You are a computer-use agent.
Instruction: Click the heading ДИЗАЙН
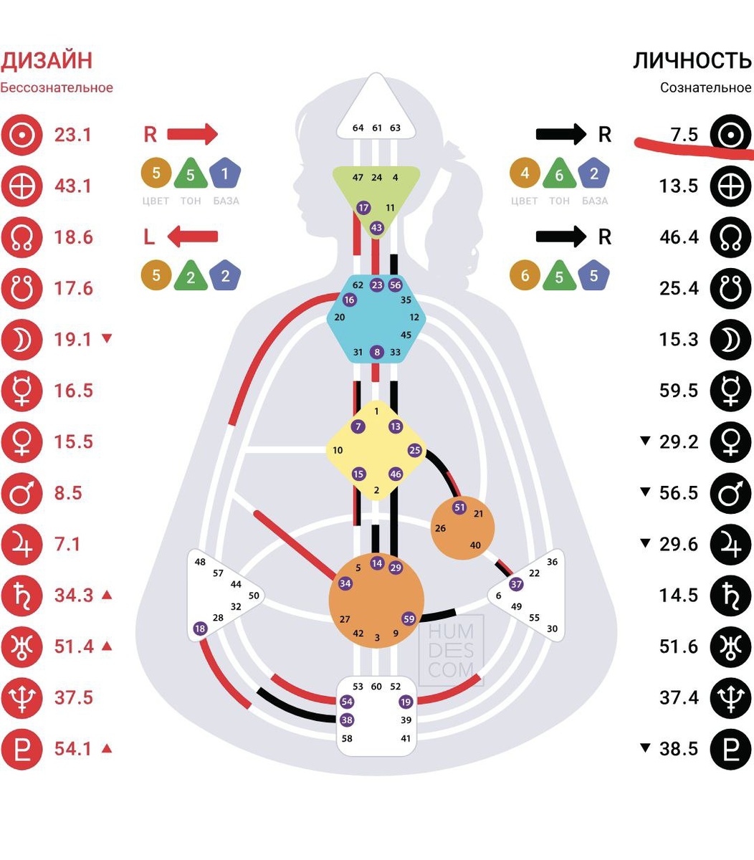(47, 60)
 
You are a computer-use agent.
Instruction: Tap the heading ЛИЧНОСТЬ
(692, 60)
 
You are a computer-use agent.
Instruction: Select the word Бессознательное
(57, 88)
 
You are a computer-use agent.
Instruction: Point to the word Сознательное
(705, 88)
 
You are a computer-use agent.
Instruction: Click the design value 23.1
(73, 135)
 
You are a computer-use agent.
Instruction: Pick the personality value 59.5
(678, 391)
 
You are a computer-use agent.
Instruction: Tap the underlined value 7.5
(684, 135)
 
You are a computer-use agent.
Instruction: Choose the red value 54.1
(73, 749)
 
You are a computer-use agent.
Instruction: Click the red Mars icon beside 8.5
(22, 493)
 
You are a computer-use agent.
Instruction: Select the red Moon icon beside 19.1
(22, 340)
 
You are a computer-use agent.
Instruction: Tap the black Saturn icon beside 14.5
(730, 596)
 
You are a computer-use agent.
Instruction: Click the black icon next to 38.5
(730, 749)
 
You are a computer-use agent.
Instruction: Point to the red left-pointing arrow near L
(192, 236)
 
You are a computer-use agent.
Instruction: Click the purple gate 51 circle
(460, 507)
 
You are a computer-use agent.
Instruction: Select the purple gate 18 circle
(200, 629)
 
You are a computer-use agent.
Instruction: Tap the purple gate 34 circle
(345, 583)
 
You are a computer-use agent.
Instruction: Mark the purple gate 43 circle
(377, 228)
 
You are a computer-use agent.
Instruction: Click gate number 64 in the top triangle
(358, 128)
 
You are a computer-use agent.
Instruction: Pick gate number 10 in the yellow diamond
(338, 451)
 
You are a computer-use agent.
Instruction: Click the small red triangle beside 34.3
(107, 595)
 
